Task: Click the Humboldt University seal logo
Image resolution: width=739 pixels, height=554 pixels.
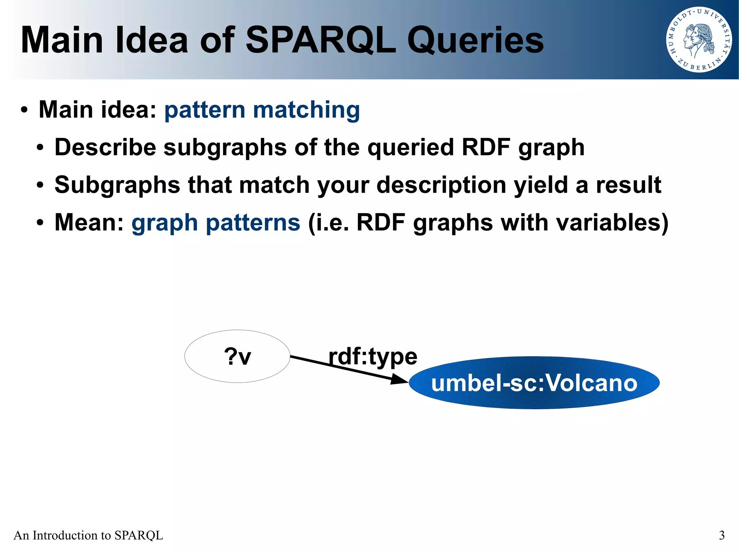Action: tap(699, 40)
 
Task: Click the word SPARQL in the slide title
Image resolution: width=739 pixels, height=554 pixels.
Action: tap(320, 40)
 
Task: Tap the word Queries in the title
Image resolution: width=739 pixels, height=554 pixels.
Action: tap(476, 40)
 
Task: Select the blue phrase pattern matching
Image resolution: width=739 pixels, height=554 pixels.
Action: tap(262, 110)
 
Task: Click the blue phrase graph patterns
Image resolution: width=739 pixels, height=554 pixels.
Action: tap(216, 222)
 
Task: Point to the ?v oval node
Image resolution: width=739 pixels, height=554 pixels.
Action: tap(237, 356)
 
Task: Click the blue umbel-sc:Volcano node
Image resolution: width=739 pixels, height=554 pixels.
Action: tap(534, 383)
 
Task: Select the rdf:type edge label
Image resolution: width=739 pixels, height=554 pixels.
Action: tap(373, 357)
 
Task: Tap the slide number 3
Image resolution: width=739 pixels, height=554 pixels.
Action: tap(722, 535)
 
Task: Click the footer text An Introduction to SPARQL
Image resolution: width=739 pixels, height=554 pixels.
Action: tap(88, 535)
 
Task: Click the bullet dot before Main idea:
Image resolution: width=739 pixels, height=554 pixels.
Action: tap(24, 110)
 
